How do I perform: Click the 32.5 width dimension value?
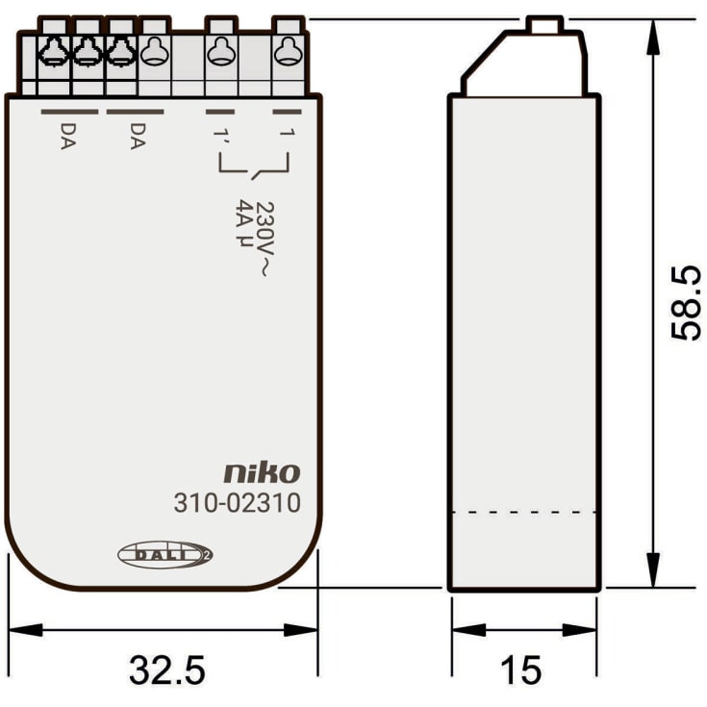point(167,670)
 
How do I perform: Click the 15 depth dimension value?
point(521,670)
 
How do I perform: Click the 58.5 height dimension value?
point(686,303)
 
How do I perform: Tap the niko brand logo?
point(262,473)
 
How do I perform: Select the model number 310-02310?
point(238,503)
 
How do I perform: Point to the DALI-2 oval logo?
point(165,555)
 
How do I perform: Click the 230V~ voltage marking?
point(265,239)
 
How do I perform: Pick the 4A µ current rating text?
point(244,223)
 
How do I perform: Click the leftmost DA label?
point(68,137)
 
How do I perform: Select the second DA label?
point(138,137)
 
